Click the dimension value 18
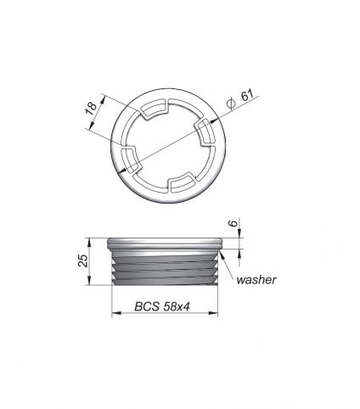(x=92, y=108)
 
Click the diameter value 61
(x=248, y=95)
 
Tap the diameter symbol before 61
(x=231, y=104)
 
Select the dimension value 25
(x=83, y=261)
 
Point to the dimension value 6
(x=233, y=223)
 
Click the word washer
(x=256, y=280)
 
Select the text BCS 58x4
(x=162, y=306)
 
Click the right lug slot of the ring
(x=206, y=133)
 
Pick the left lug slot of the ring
(x=131, y=160)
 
